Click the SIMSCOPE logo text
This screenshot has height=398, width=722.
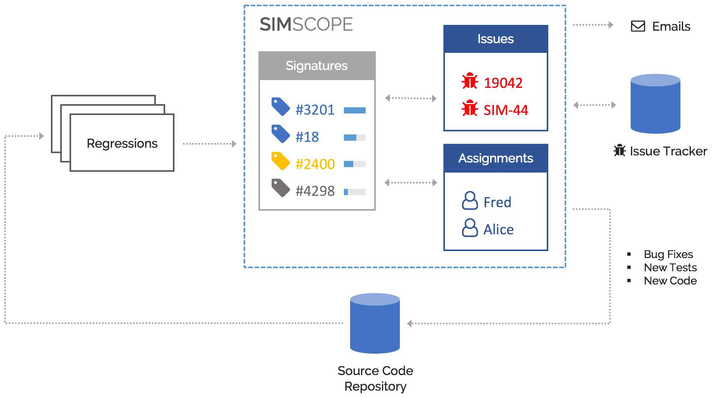tap(306, 24)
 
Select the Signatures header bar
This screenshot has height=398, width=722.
tap(317, 66)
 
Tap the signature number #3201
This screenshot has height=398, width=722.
tap(315, 110)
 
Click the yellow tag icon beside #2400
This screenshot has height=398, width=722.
tap(281, 161)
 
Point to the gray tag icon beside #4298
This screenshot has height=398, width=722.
tap(281, 188)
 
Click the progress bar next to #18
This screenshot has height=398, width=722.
tap(354, 138)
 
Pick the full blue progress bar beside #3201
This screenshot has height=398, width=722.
tap(354, 110)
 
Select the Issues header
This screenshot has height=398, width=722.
tap(495, 39)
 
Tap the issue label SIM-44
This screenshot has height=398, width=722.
tap(506, 110)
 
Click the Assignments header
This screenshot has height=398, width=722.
tap(495, 158)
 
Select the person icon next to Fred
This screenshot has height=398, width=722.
tap(470, 201)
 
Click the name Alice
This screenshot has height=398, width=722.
tap(498, 230)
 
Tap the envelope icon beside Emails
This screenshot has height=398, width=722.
tap(638, 26)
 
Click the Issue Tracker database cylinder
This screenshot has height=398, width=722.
tap(655, 104)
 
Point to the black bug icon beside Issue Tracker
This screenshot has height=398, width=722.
tap(619, 150)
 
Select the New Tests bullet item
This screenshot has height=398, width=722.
tap(670, 267)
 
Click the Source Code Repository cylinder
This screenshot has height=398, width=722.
tap(375, 323)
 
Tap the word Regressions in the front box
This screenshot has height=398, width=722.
tap(122, 143)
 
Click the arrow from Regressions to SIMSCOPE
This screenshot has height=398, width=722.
tap(209, 144)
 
